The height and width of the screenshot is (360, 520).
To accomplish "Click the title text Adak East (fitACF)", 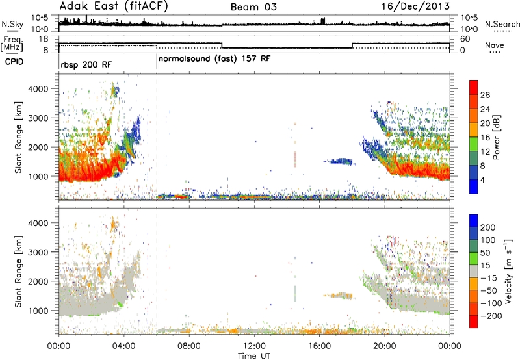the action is coord(114,6).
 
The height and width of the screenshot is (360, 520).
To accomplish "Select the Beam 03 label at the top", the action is coord(253,7).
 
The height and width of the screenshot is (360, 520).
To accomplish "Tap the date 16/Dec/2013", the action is coord(415,6).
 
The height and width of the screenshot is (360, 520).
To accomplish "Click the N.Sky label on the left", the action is coord(12,24).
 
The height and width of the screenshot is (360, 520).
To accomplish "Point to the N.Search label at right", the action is coord(502,24).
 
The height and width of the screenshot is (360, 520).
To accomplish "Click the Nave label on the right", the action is coord(495,45).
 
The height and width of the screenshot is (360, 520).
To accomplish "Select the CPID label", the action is coord(14,62).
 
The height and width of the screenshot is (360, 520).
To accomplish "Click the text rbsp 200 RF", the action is coord(86,64).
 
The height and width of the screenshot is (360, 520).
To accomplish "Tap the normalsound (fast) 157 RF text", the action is coord(214,59).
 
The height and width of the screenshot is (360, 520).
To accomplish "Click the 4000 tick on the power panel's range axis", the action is coord(38,89).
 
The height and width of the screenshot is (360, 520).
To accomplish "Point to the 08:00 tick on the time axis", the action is coord(189,346).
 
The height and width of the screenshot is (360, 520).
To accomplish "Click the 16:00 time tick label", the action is coord(319,346).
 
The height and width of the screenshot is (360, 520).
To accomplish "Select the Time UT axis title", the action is coord(254,355).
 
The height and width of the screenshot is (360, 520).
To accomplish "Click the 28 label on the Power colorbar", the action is coord(485,95).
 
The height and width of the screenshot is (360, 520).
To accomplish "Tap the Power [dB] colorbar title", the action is coord(496,137).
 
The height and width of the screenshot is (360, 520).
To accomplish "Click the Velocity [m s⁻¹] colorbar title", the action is coord(508,271).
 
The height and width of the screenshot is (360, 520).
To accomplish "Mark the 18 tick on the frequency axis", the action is coord(43,39).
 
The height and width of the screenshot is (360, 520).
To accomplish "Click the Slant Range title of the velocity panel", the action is coord(18,272).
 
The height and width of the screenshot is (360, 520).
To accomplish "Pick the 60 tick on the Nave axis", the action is coord(465,39).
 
